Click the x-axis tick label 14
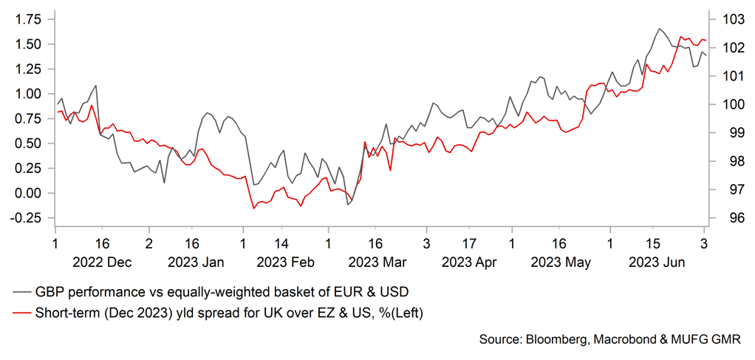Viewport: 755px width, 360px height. pyautogui.click(x=281, y=242)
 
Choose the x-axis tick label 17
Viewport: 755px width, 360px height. pyautogui.click(x=469, y=242)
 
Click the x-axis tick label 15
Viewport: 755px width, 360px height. pyautogui.click(x=652, y=242)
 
